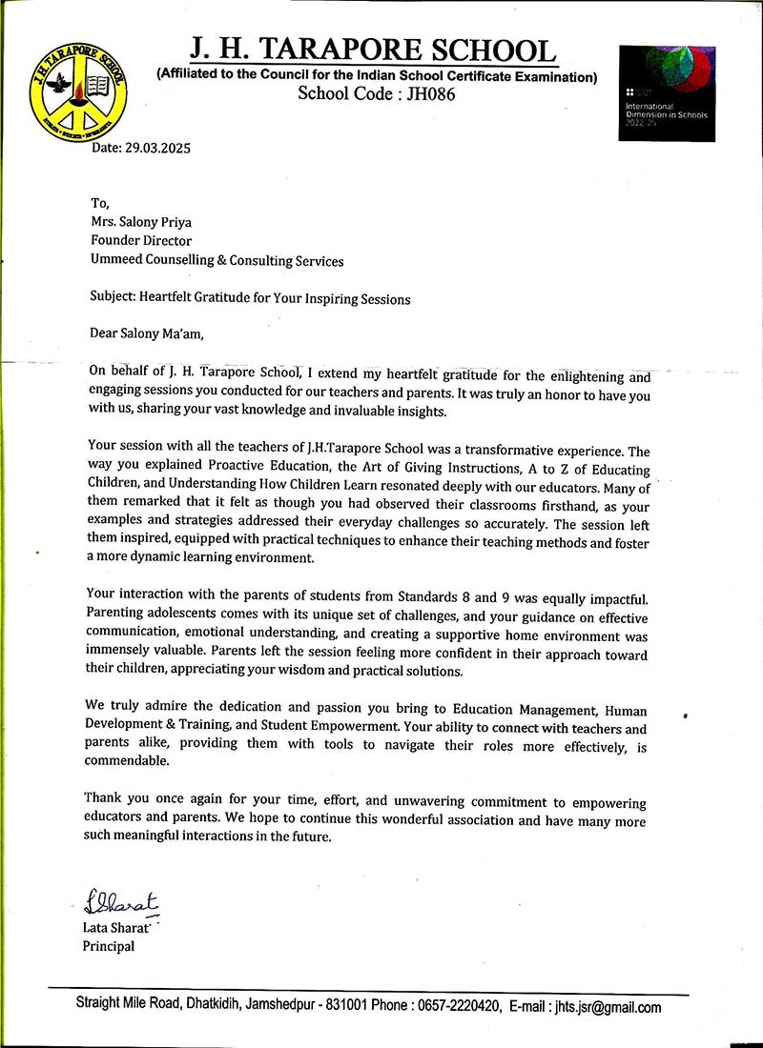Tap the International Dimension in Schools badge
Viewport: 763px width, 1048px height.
[x=666, y=92]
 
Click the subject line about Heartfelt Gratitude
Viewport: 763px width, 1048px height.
[x=248, y=298]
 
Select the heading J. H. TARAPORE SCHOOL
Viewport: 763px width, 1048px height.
[x=371, y=50]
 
